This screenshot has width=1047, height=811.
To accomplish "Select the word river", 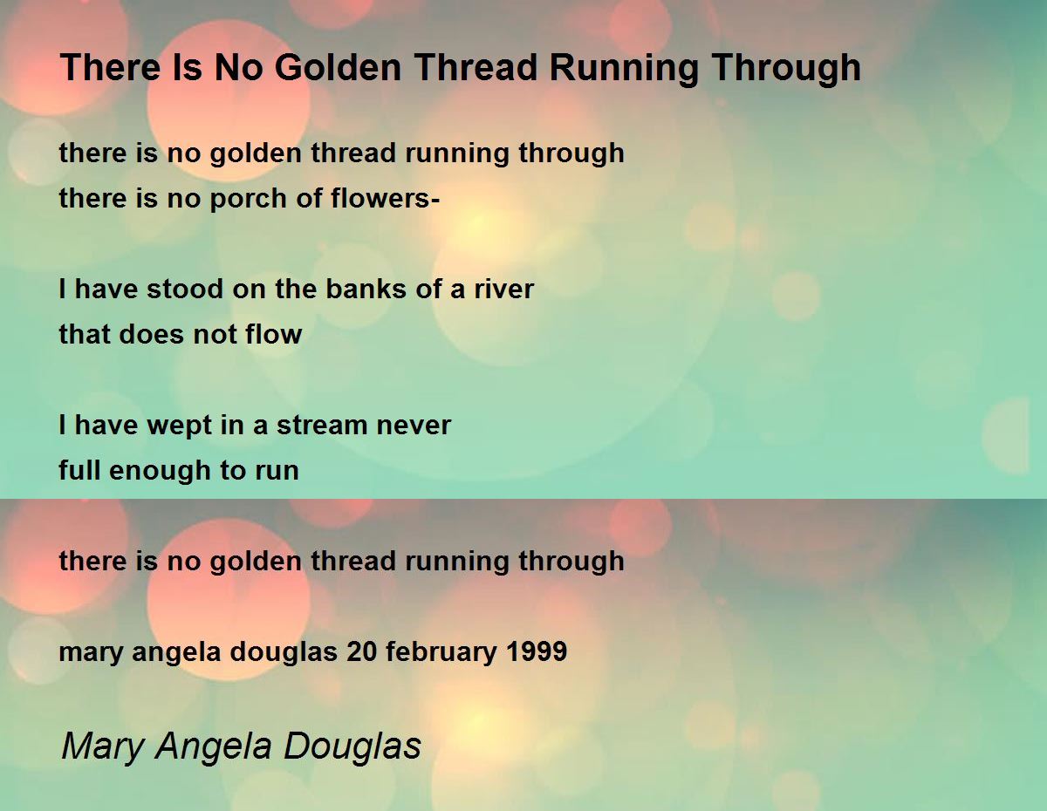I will (503, 290).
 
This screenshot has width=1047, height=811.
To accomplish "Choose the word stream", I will (324, 426).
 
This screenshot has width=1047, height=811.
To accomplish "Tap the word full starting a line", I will (76, 471).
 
